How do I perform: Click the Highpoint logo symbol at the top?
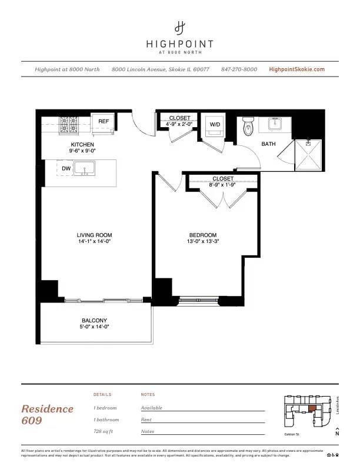180,27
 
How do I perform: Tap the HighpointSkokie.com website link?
296,69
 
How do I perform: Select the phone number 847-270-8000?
239,69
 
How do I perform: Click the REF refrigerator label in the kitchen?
104,122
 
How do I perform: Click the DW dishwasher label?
66,168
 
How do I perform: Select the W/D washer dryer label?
215,124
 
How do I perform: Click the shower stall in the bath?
308,154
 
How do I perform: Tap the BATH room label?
268,144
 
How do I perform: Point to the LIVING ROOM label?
94,235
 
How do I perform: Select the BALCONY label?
94,321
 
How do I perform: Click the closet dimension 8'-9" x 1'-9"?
223,185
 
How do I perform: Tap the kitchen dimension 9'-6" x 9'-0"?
83,151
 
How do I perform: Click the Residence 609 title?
48,414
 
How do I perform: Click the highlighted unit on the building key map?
312,407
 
